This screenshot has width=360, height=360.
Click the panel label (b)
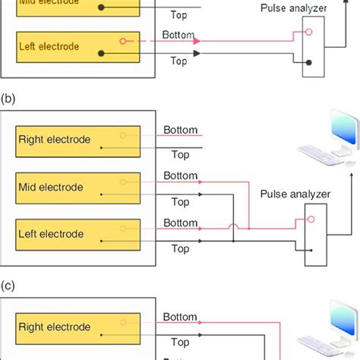click(8, 98)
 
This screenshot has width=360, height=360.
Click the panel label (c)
click(8, 286)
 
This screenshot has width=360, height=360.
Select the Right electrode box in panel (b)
click(75, 140)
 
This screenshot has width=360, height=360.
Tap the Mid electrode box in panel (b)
click(75, 187)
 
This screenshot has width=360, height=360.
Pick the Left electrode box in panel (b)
click(75, 234)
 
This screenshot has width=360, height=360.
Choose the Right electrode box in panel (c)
click(75, 327)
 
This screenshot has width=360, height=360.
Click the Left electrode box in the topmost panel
click(75, 46)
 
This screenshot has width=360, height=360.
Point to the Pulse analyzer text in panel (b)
click(295, 194)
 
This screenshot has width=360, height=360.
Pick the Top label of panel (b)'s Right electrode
click(180, 154)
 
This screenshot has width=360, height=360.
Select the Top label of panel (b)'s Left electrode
click(180, 248)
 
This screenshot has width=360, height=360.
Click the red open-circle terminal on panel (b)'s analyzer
click(308, 219)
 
